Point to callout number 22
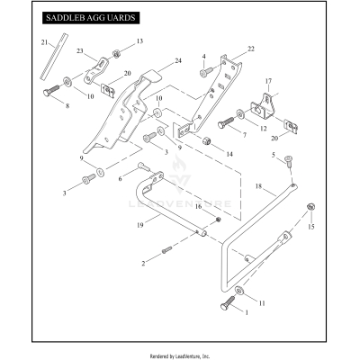point(251,48)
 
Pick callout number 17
point(266,82)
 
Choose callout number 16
point(199,206)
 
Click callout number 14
point(229,153)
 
